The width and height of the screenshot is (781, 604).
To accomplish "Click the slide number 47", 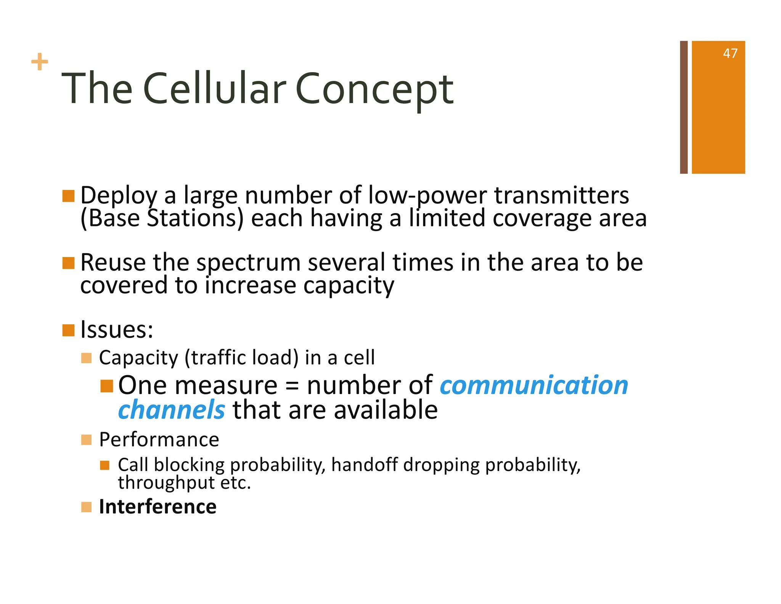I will click(x=730, y=53).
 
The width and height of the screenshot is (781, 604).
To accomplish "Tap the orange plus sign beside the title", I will click(x=40, y=62).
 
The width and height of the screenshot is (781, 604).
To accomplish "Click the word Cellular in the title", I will click(x=214, y=89).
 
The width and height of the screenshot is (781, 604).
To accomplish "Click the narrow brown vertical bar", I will click(x=684, y=107).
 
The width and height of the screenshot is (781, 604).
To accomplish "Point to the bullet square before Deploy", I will click(x=69, y=196).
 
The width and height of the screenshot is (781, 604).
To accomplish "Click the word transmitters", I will click(x=561, y=195).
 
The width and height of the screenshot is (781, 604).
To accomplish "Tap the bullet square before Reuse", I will click(x=69, y=263).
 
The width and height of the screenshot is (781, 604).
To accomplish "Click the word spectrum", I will click(x=248, y=263).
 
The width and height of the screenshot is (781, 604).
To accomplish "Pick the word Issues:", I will click(x=117, y=329).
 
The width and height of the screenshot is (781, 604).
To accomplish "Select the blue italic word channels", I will click(x=172, y=410).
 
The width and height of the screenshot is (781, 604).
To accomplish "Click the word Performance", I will click(x=159, y=439).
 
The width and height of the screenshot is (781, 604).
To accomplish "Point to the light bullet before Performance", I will click(x=87, y=440).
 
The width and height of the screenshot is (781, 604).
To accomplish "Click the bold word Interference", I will click(x=157, y=507).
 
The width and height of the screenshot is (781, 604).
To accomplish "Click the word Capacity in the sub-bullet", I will click(x=138, y=358).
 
